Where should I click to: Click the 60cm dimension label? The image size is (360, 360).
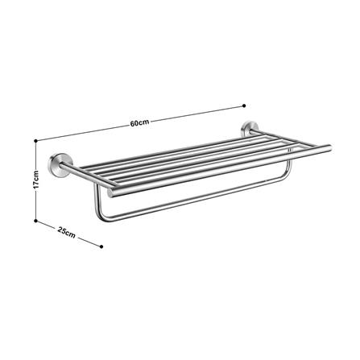pyautogui.click(x=139, y=123)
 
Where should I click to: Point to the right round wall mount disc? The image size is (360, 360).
pyautogui.click(x=249, y=129)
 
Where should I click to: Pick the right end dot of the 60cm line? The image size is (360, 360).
pyautogui.click(x=244, y=104)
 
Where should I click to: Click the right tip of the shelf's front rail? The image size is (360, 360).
pyautogui.click(x=329, y=147)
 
